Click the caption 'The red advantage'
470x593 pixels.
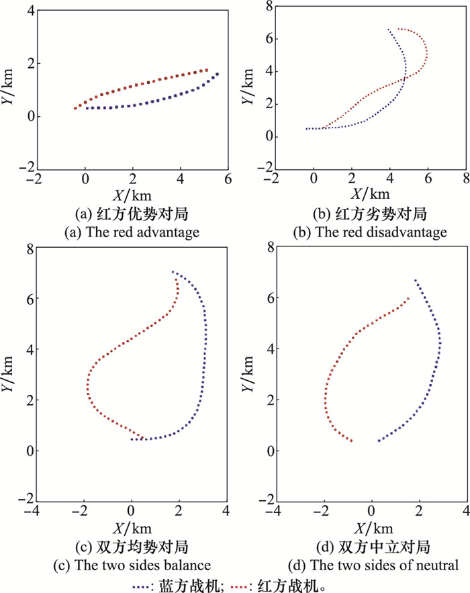[132, 233]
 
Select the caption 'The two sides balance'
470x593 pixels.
[132, 563]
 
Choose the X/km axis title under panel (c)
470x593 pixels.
[132, 526]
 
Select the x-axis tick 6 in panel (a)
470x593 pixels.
[228, 179]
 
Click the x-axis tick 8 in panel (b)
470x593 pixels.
[465, 179]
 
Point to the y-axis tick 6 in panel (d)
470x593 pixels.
[267, 298]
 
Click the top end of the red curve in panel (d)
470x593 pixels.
[408, 299]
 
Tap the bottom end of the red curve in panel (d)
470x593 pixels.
[351, 441]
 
